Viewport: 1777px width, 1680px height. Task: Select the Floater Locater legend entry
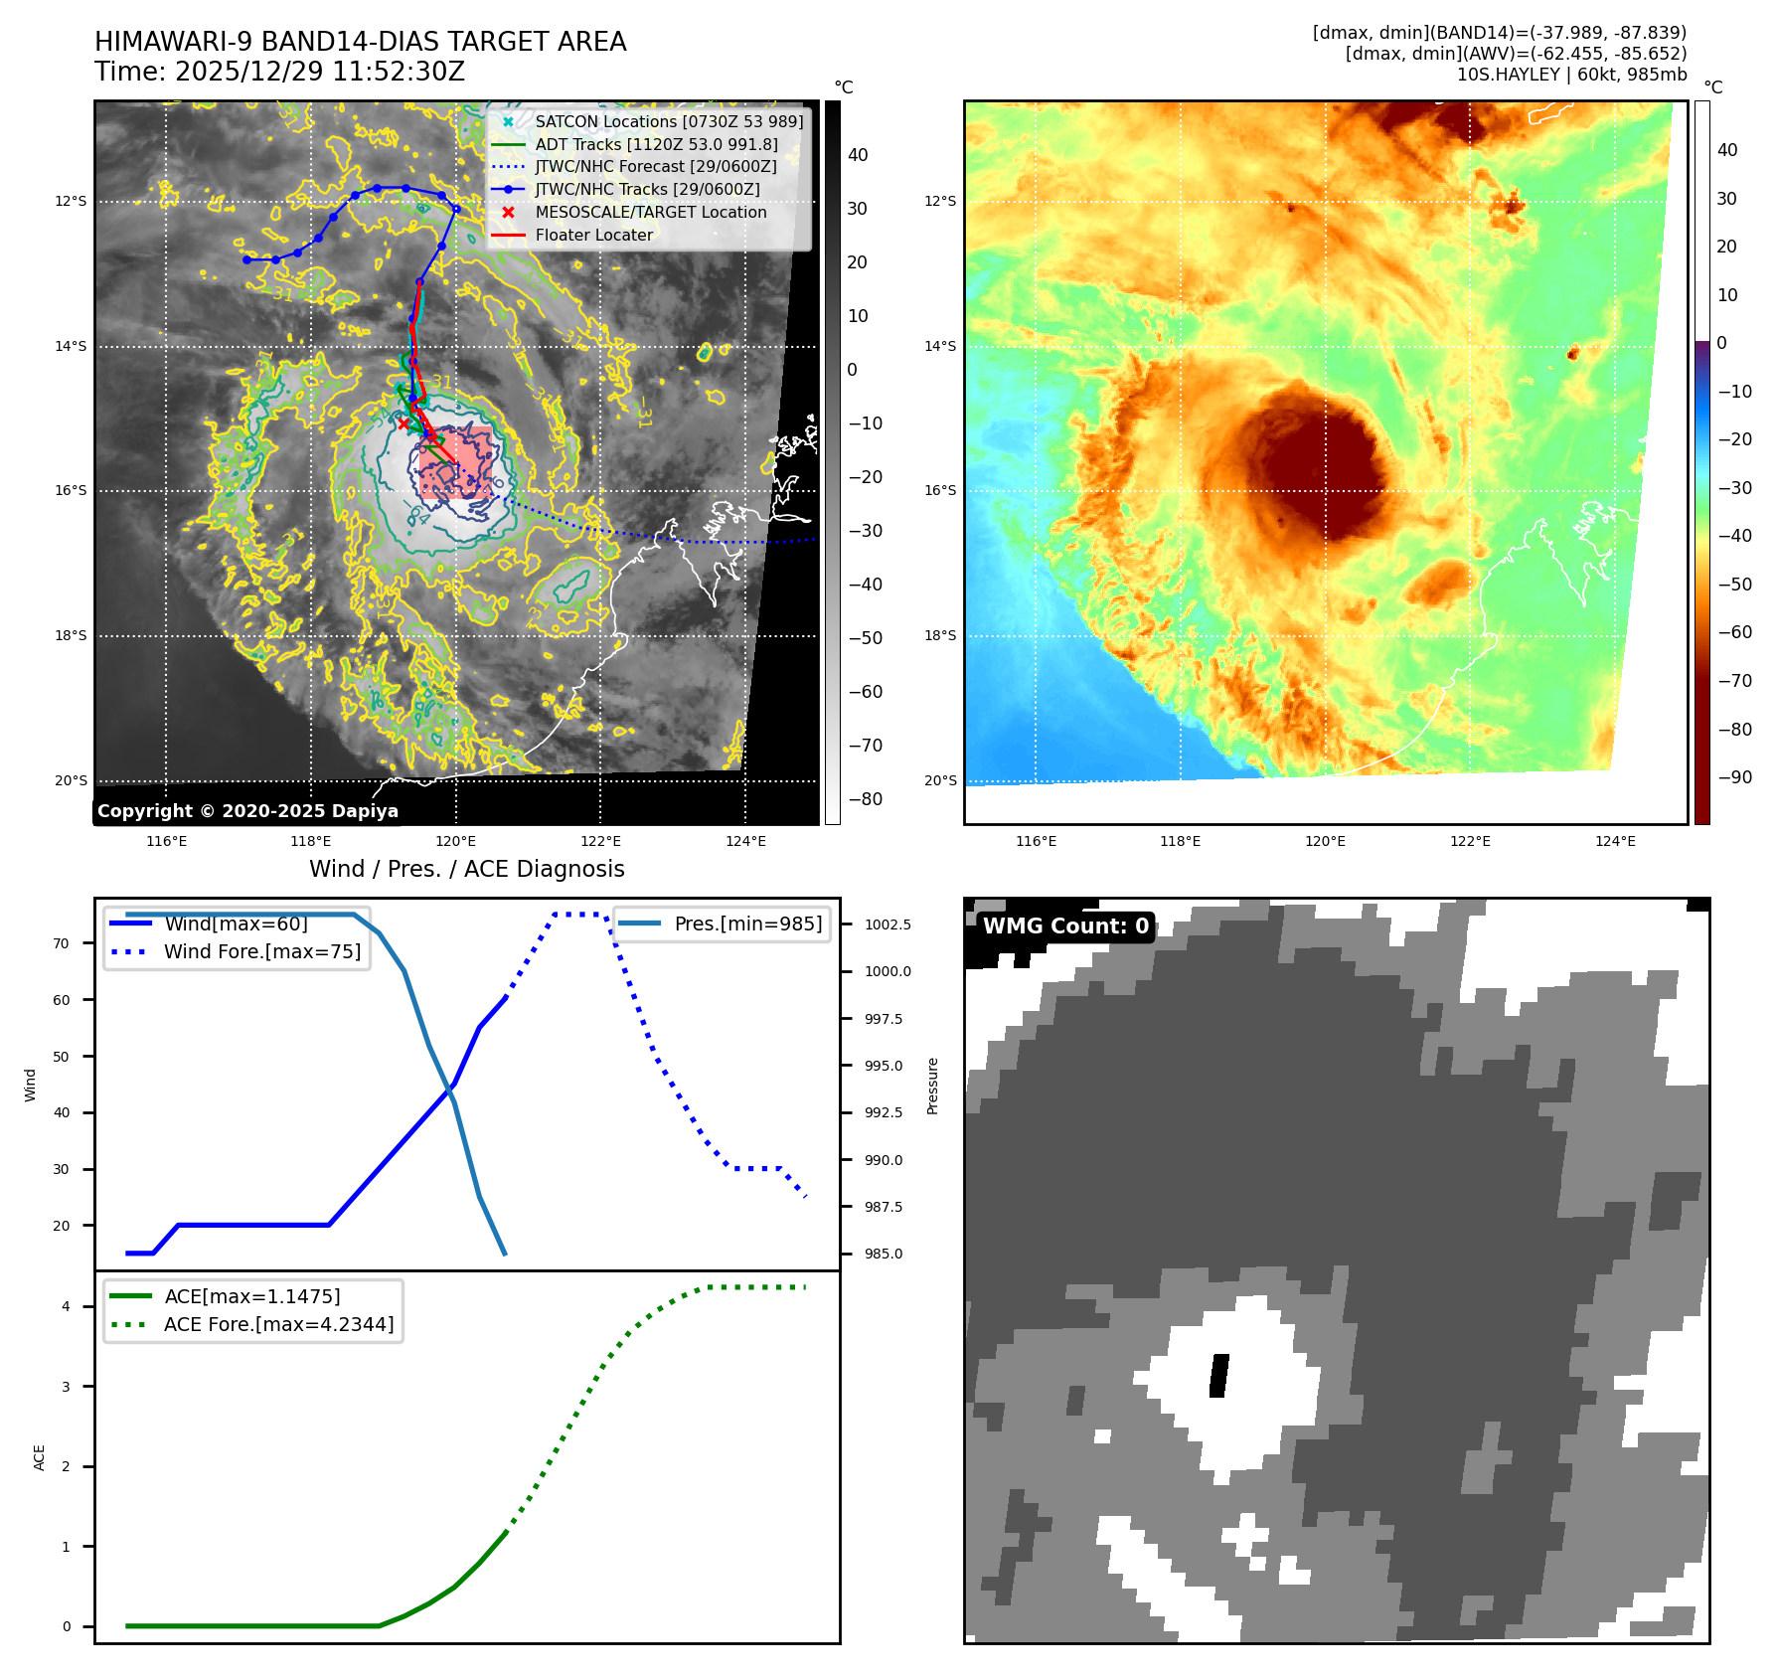(593, 235)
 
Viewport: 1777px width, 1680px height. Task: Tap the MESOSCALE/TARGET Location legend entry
(650, 212)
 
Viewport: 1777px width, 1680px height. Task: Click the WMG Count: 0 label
(1065, 925)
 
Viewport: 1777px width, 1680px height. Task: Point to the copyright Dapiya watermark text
(247, 811)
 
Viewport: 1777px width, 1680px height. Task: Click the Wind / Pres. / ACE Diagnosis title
(466, 869)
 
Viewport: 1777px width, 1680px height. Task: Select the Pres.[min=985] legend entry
(747, 924)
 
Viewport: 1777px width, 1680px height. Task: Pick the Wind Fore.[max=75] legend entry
(261, 951)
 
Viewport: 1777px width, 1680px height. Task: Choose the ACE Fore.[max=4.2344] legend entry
(278, 1324)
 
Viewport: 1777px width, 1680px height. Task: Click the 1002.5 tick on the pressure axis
(888, 924)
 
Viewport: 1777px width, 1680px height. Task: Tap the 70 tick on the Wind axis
(62, 943)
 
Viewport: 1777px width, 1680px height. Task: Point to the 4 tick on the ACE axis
(67, 1306)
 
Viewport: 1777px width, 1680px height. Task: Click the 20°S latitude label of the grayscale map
(71, 780)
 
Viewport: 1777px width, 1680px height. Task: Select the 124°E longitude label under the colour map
(1615, 841)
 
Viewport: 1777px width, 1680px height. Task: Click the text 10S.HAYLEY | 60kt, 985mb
(1571, 75)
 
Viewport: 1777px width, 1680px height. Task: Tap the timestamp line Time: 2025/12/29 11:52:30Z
(279, 72)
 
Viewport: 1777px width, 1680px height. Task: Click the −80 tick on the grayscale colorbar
(865, 799)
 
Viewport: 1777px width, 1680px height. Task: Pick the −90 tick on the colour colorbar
(1735, 777)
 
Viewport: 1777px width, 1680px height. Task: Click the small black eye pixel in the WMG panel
(1218, 1376)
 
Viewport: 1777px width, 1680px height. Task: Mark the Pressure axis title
(932, 1086)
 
